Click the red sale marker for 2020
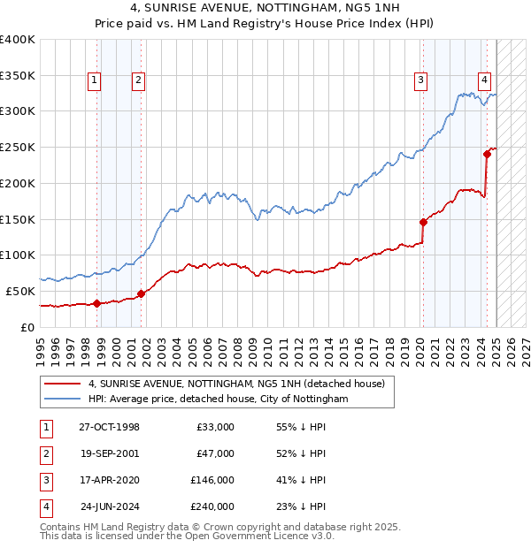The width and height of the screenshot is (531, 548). click(x=423, y=222)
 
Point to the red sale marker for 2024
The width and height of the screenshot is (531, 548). click(x=487, y=155)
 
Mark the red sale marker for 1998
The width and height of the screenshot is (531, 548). click(x=96, y=303)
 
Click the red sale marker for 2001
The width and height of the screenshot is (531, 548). click(x=141, y=293)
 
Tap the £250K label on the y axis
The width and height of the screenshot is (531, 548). click(x=18, y=147)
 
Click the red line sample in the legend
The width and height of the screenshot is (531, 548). click(x=63, y=384)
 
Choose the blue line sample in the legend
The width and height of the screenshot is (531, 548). click(x=63, y=400)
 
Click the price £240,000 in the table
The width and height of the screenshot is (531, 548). click(x=212, y=506)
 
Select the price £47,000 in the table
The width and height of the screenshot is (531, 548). click(x=215, y=453)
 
